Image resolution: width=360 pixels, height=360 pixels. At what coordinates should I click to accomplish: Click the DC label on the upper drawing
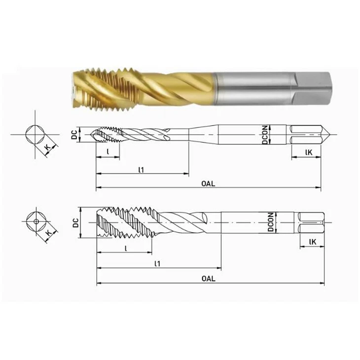point(74,135)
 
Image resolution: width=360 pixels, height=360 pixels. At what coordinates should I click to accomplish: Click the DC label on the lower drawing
point(76,223)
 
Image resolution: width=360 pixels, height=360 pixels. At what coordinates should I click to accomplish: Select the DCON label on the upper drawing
point(265,135)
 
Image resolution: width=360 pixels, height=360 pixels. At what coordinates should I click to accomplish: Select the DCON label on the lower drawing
point(271,222)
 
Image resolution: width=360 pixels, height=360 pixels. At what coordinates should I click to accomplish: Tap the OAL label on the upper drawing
point(208,183)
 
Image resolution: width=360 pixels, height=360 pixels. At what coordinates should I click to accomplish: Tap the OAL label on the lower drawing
point(209,279)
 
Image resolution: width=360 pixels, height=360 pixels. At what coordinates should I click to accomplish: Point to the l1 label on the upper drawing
point(141,170)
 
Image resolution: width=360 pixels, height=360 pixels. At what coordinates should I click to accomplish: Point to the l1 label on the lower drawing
point(157,263)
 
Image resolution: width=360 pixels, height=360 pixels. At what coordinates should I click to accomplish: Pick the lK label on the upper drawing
point(309,152)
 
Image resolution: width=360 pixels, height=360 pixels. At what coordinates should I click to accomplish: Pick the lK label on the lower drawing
point(313,242)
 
